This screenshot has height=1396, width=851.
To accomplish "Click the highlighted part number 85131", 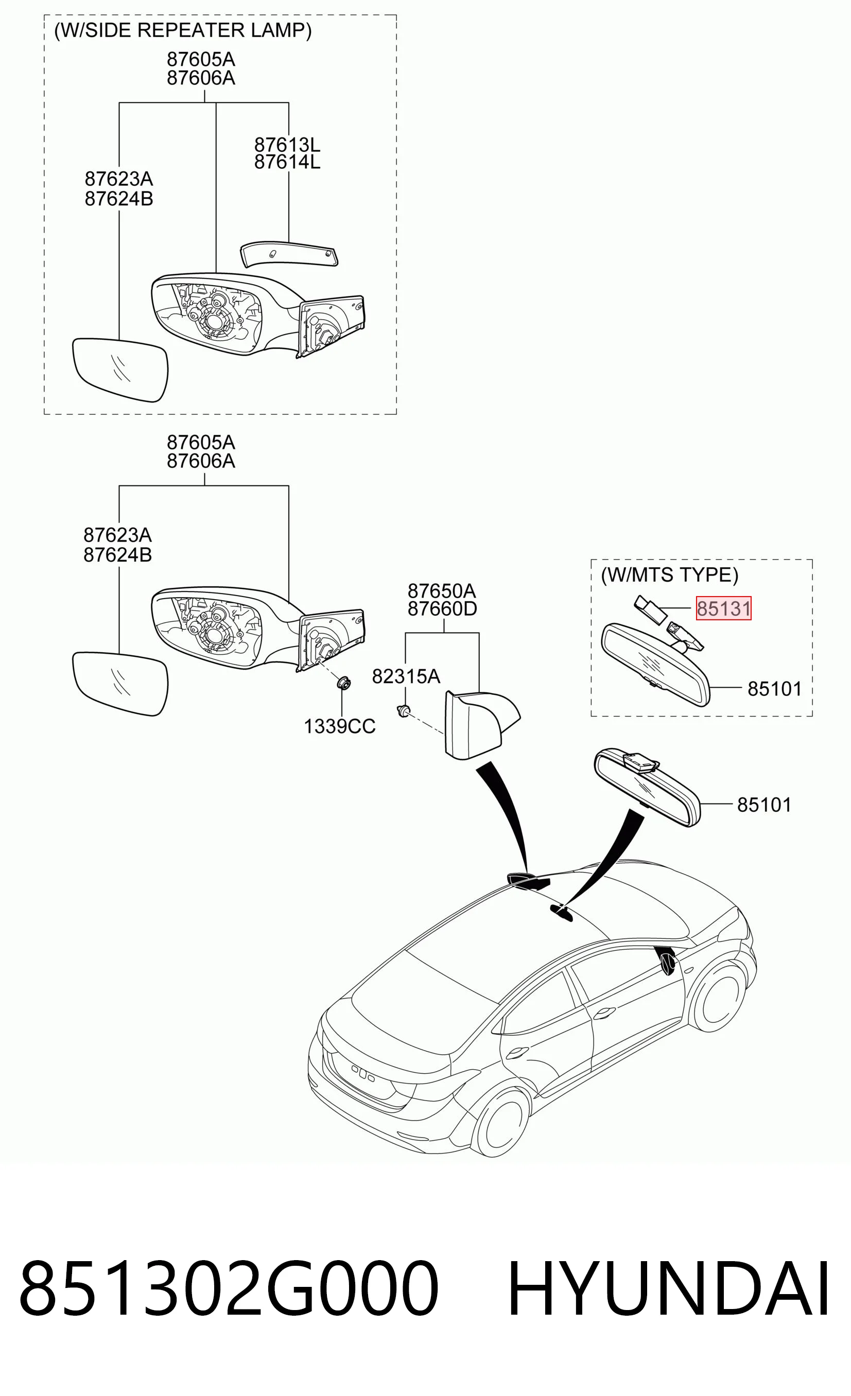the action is coord(723,608).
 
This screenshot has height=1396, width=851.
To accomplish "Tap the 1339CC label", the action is coord(339,726).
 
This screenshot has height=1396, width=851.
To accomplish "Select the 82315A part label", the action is coord(406,676).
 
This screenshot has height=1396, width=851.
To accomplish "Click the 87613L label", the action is coord(287,145).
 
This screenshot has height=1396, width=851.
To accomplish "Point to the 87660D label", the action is coord(442,609).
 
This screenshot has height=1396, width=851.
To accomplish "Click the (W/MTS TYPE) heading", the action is coord(670,575).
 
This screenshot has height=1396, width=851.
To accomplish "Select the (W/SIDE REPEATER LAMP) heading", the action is coord(182,30).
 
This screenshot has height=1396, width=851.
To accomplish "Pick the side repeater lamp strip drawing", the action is coord(289,254).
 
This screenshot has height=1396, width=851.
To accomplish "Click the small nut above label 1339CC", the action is coord(343,683).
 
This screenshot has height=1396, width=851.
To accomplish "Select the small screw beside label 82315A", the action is coord(404,710).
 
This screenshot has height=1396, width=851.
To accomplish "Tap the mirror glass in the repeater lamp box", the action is coord(120,370).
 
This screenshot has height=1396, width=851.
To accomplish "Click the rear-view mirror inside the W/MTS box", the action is coord(655,663).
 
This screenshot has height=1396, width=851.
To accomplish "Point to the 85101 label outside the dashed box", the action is coord(764,805).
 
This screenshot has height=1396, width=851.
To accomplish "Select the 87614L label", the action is coord(287,162).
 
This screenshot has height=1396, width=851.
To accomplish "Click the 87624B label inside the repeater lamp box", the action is coord(119,199).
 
